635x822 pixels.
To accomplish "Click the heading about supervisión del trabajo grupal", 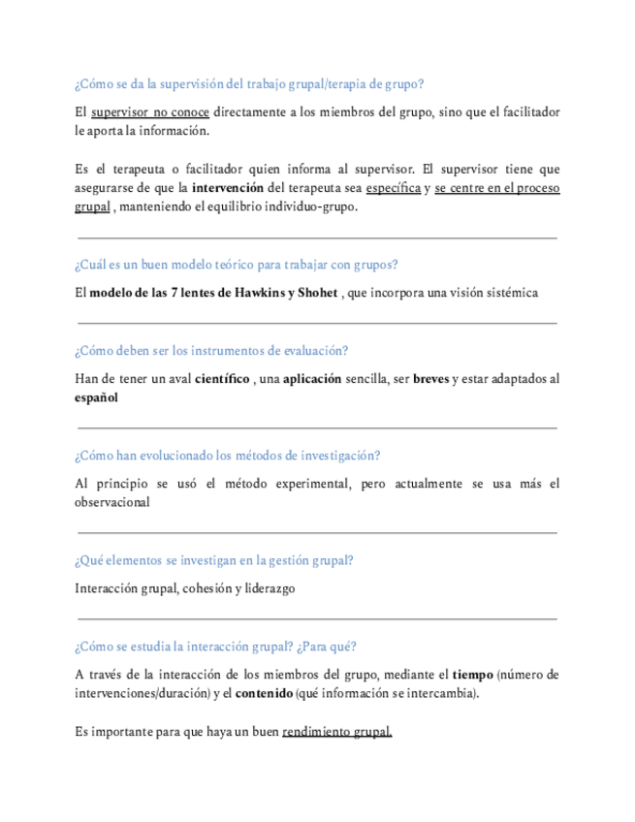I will (248, 84).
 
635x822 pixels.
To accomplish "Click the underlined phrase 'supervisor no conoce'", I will (150, 112).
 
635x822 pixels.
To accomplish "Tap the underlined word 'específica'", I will (393, 188).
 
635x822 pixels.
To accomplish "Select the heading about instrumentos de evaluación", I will (211, 351).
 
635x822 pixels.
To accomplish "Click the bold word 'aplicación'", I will (311, 379).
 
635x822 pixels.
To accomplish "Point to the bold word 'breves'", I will (430, 379).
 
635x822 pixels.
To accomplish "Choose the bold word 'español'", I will (96, 397).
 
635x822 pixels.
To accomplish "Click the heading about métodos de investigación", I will (227, 456).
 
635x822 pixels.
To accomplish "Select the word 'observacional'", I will (111, 502).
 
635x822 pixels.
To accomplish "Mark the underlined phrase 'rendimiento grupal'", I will (336, 732).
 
